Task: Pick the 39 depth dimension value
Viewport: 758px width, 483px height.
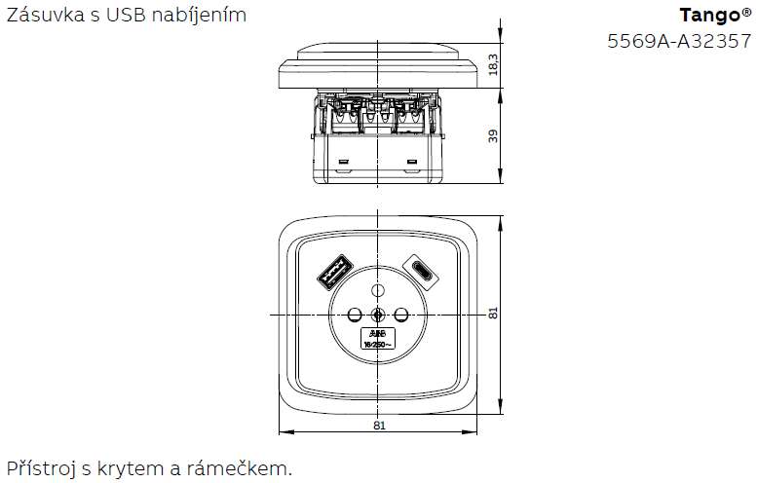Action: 494,135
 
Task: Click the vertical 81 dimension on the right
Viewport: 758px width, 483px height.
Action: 494,314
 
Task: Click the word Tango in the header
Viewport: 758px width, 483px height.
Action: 710,16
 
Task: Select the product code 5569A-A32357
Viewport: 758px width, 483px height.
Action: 679,41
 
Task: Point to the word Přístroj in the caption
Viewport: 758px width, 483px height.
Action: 42,468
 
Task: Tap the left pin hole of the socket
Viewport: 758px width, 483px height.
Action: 354,314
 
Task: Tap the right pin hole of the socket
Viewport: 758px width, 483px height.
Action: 399,314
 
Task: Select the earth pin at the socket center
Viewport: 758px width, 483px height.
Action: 377,314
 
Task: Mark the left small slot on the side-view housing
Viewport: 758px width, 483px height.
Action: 342,160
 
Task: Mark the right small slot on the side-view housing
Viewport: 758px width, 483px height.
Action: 412,160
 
